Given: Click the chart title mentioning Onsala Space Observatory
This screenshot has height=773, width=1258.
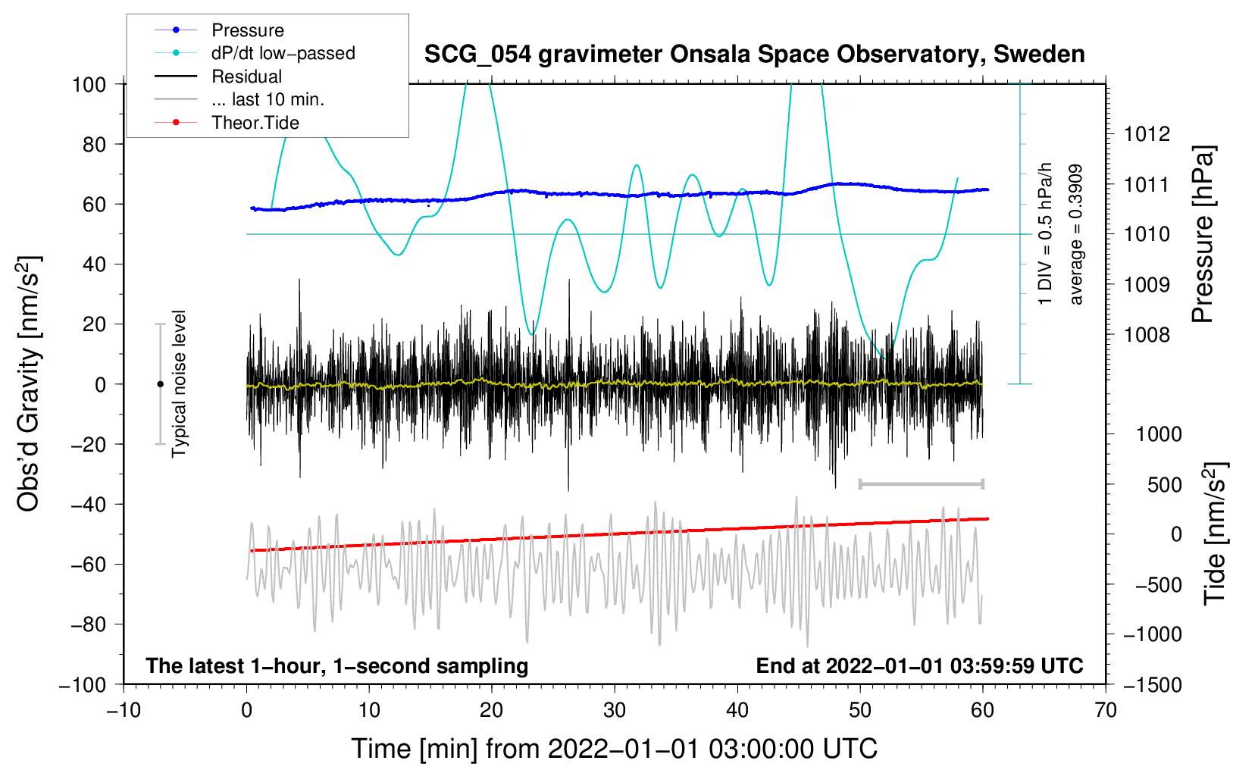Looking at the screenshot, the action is click(754, 55).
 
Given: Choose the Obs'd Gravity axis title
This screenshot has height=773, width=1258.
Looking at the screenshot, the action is click(28, 383).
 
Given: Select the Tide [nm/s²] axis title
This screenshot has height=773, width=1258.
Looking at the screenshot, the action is click(1215, 534).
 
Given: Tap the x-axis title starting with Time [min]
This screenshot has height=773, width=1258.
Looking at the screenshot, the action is click(614, 749).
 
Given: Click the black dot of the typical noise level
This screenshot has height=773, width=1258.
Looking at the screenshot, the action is click(160, 384).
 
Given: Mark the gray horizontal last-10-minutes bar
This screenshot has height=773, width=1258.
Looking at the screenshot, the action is click(921, 484).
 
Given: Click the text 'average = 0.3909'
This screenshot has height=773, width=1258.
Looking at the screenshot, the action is click(1075, 234).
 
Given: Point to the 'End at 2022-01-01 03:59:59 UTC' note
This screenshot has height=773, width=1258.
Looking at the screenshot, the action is click(919, 665).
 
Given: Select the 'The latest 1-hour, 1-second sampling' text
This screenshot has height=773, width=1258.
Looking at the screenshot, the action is click(337, 665).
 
